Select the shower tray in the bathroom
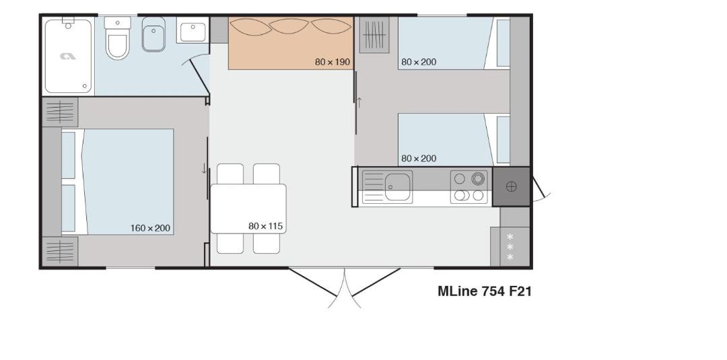[x=68, y=56]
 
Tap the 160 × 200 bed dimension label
[x=150, y=228]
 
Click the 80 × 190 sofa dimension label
[x=333, y=62]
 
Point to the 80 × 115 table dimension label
[x=266, y=226]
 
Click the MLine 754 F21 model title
[x=485, y=291]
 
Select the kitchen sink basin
[x=397, y=186]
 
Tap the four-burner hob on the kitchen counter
[x=469, y=186]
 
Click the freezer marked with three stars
[x=510, y=246]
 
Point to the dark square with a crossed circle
[x=512, y=186]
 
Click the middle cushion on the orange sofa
[x=289, y=26]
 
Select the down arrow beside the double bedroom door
[x=205, y=169]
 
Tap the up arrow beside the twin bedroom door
[x=359, y=102]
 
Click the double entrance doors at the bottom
[x=345, y=288]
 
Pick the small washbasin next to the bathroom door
[x=193, y=30]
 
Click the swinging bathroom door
[x=199, y=77]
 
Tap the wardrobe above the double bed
[x=61, y=112]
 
